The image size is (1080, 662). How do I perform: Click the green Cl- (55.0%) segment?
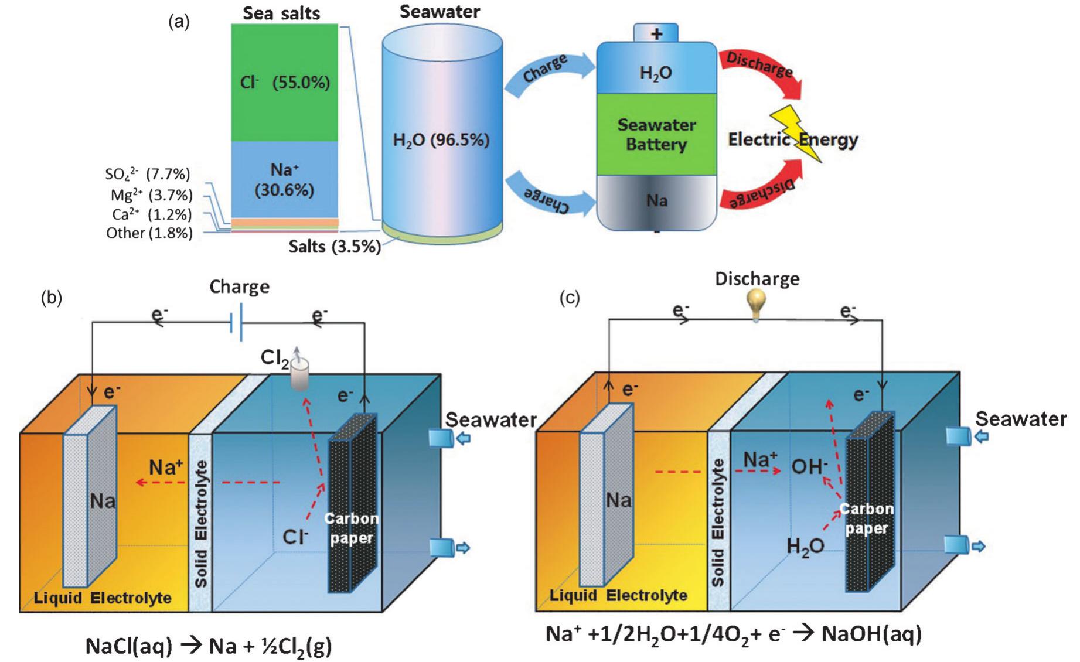(x=284, y=82)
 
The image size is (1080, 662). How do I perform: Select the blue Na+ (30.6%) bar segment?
(x=284, y=179)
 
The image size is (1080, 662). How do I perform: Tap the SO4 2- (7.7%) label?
(x=148, y=174)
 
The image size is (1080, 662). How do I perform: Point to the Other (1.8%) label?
(x=149, y=233)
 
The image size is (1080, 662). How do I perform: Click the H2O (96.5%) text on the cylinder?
(x=441, y=140)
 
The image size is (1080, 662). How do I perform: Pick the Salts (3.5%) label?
(x=334, y=247)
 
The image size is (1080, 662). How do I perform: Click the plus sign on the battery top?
(x=656, y=33)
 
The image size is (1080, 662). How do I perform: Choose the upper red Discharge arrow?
(x=762, y=70)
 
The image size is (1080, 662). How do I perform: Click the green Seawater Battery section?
(x=656, y=134)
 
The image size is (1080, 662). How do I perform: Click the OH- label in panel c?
(x=809, y=467)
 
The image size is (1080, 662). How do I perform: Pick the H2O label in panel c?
(x=805, y=547)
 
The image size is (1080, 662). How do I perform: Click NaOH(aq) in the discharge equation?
(x=871, y=634)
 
